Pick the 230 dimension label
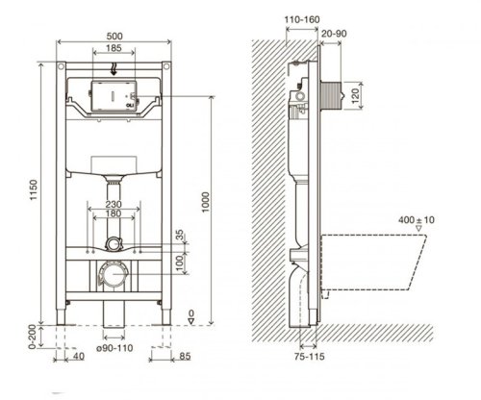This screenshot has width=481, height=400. point(114,204)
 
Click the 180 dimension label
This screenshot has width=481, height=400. point(114,217)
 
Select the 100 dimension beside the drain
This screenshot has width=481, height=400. point(178,261)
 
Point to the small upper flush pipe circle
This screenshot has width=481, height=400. point(114,244)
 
